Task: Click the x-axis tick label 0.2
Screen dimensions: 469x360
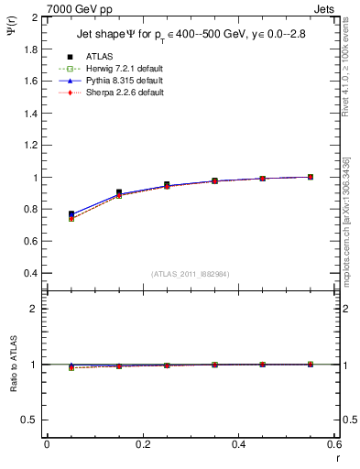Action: pos(142,443)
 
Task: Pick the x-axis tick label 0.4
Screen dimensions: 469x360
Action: pos(238,443)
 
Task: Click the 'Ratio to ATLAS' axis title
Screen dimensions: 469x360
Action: pos(12,364)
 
